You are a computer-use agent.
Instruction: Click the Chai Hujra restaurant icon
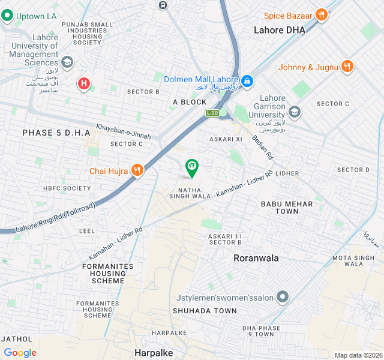tap(137, 171)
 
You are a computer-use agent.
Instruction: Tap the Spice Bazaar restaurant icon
tap(322, 16)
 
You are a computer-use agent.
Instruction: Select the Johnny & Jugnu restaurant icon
tap(346, 67)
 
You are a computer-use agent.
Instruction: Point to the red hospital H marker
tap(84, 84)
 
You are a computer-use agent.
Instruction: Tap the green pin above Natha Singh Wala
tap(191, 167)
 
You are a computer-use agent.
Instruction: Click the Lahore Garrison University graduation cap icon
tap(294, 112)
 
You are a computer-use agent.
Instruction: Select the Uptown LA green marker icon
tap(8, 16)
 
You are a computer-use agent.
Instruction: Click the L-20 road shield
tap(212, 113)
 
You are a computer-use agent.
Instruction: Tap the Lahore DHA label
tap(279, 30)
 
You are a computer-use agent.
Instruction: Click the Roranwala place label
tap(256, 258)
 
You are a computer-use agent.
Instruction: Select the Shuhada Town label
tap(205, 311)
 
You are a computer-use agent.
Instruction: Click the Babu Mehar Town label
tap(287, 208)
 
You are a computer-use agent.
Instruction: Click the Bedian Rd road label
tap(268, 147)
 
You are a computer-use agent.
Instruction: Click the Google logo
tap(20, 353)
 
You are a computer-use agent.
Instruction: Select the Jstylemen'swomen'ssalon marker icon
tap(283, 297)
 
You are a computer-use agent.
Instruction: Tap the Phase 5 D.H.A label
tap(56, 133)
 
